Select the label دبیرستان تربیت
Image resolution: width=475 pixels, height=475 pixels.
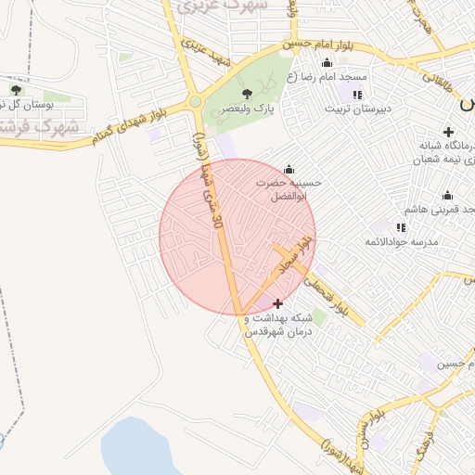[x=358, y=109]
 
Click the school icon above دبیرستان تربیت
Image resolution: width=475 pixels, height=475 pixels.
[x=357, y=95]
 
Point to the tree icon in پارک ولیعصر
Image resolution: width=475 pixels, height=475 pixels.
[x=246, y=94]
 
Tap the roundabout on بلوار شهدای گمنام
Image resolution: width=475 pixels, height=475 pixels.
[x=195, y=102]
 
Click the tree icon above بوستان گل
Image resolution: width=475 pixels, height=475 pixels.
[x=16, y=90]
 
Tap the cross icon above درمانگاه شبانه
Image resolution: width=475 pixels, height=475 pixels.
[x=448, y=131]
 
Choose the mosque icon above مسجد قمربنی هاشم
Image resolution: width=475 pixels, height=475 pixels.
[x=447, y=195]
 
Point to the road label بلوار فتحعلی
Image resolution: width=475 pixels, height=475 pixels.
[x=329, y=295]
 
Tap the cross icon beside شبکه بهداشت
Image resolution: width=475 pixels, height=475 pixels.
[x=278, y=303]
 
